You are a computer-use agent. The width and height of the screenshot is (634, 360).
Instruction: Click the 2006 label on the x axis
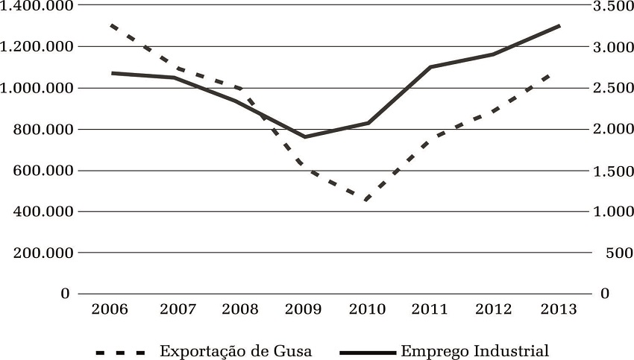[110, 309]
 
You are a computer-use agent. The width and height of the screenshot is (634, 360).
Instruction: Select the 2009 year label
[304, 309]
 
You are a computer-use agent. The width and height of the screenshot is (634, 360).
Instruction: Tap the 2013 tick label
[561, 309]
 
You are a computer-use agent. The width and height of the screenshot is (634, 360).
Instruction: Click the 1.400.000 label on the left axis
[37, 6]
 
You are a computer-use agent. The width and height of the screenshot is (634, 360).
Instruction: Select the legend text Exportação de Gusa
[236, 350]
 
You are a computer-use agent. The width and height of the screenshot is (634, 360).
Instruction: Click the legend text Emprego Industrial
[474, 350]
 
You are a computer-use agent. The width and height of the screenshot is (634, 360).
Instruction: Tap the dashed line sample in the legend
[120, 351]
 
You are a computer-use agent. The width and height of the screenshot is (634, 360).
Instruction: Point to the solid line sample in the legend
[367, 351]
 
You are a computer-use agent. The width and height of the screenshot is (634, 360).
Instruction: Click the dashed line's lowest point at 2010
[367, 199]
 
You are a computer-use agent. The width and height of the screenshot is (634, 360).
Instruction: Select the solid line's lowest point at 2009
[304, 137]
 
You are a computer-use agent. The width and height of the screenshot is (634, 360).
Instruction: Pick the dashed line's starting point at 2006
[110, 25]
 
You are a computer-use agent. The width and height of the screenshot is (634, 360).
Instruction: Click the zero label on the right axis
[604, 294]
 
